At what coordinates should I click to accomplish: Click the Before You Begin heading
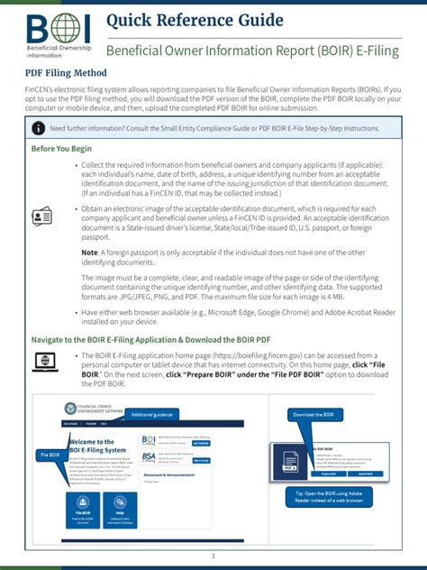[x=61, y=149]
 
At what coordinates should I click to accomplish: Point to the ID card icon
[x=42, y=216]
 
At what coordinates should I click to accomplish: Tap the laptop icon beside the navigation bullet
[x=44, y=362]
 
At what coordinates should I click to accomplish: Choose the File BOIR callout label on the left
[x=49, y=455]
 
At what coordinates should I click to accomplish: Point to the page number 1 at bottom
[x=213, y=556]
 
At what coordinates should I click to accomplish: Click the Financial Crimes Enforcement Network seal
[x=72, y=408]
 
